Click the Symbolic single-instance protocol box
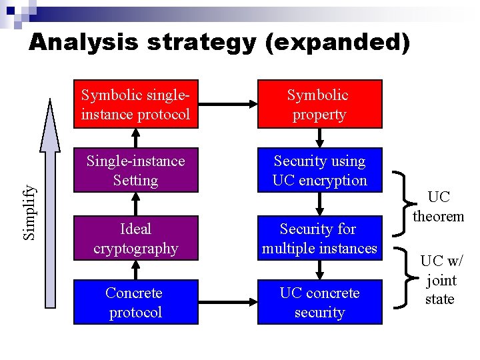tap(135, 105)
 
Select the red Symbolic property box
tap(319, 105)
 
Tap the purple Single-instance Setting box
tap(135, 171)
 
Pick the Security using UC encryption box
tap(319, 171)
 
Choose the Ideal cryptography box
tap(135, 239)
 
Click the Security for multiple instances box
tap(319, 239)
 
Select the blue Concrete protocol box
tap(135, 303)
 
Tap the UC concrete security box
tap(319, 303)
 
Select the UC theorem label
tap(438, 207)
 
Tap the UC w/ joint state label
tap(439, 279)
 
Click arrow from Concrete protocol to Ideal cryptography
tap(136, 269)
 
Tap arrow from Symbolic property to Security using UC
tap(320, 138)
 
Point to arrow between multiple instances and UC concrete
tap(320, 269)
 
